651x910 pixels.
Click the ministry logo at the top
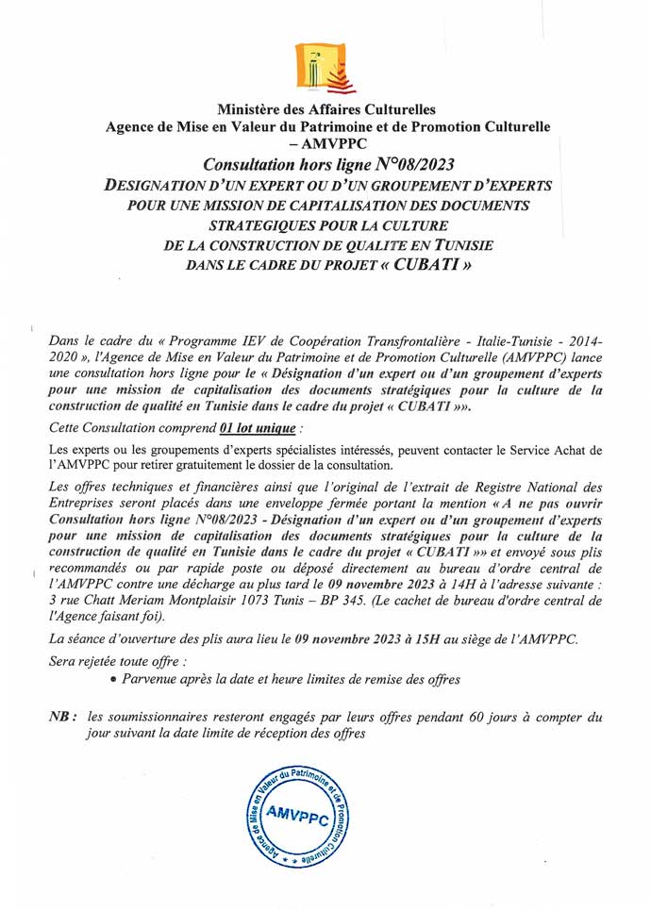pyautogui.click(x=325, y=64)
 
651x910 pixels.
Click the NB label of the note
pyautogui.click(x=61, y=718)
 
